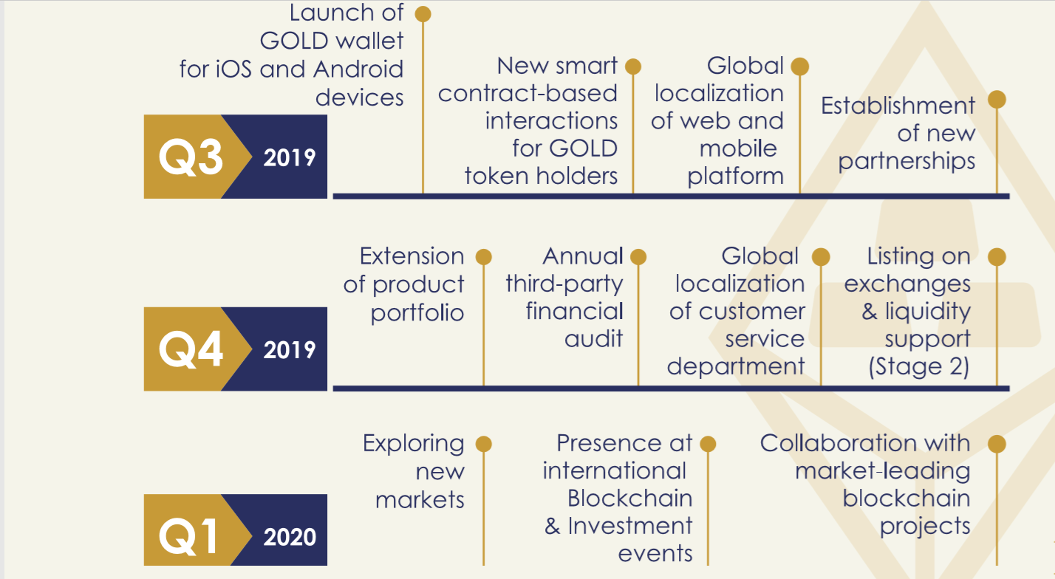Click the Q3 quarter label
pyautogui.click(x=191, y=157)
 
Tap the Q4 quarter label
pyautogui.click(x=191, y=349)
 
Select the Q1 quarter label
pyautogui.click(x=188, y=537)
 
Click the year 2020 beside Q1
pyautogui.click(x=289, y=537)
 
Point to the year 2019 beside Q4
pyautogui.click(x=289, y=350)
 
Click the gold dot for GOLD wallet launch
pyautogui.click(x=423, y=14)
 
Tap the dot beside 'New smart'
pyautogui.click(x=633, y=66)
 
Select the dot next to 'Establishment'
pyautogui.click(x=997, y=99)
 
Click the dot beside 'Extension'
pyautogui.click(x=484, y=257)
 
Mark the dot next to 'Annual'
pyautogui.click(x=638, y=257)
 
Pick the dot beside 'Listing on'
pyautogui.click(x=997, y=257)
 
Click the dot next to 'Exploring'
pyautogui.click(x=484, y=444)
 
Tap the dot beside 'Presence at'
pyautogui.click(x=708, y=444)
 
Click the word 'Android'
pyautogui.click(x=358, y=69)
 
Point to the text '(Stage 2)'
pyautogui.click(x=919, y=367)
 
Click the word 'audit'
pyautogui.click(x=593, y=338)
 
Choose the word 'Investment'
pyautogui.click(x=630, y=526)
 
